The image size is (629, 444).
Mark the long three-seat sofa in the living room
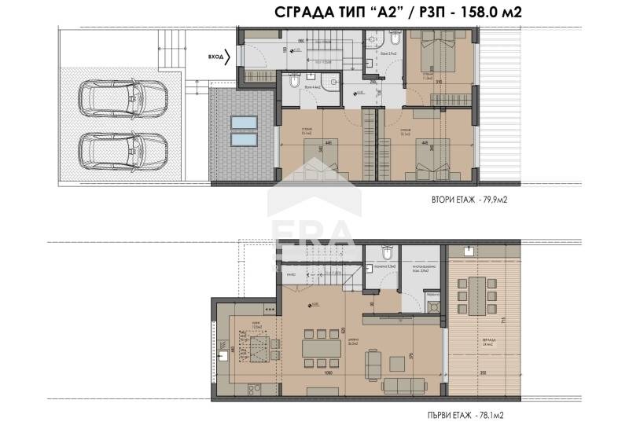(x=406, y=385)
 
